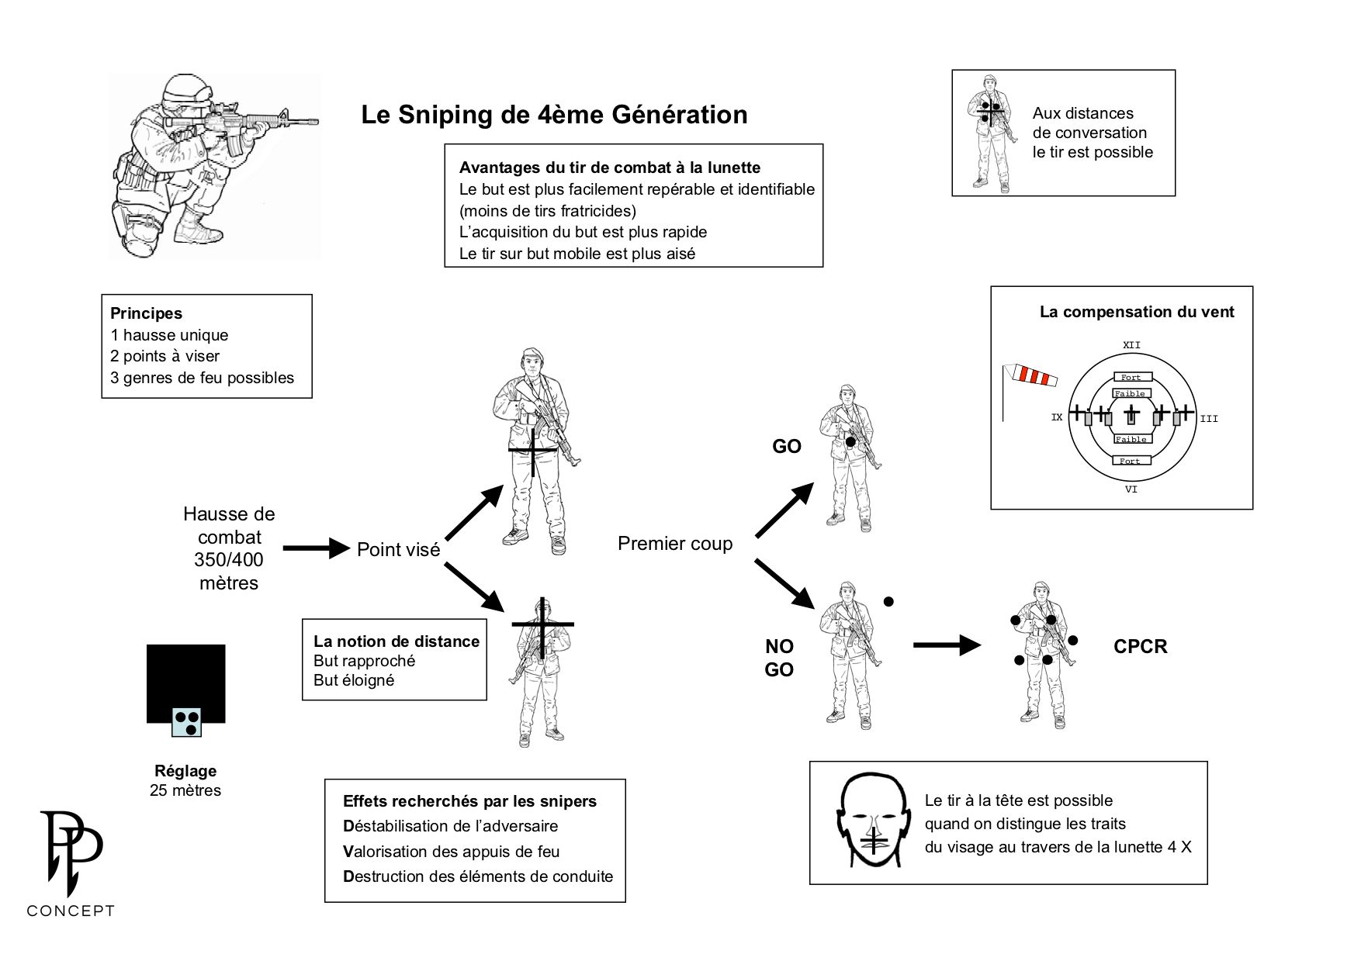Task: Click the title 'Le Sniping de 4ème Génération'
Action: click(554, 115)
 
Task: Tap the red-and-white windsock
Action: click(1029, 376)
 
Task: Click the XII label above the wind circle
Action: click(1131, 344)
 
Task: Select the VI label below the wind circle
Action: click(1131, 489)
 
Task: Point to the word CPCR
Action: click(1140, 647)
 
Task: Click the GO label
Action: click(786, 447)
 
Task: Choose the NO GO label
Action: click(779, 659)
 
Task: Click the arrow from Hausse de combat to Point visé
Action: click(317, 548)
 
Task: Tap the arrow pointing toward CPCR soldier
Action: click(947, 645)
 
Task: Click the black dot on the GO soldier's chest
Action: click(850, 442)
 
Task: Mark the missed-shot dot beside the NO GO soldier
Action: click(888, 601)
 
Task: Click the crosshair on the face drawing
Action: click(874, 840)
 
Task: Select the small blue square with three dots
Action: click(186, 721)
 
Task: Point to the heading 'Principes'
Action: click(147, 314)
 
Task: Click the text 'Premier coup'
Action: click(675, 544)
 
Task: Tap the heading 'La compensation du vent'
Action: click(1137, 313)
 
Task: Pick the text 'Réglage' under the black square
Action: click(185, 771)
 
